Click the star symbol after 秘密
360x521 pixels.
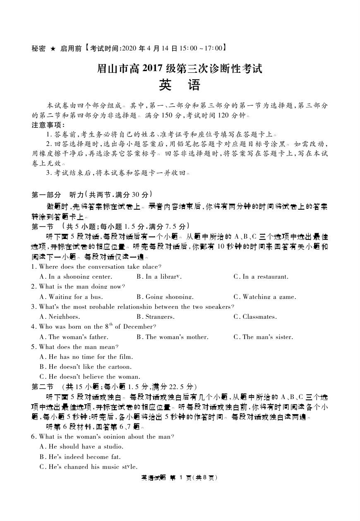(x=53, y=48)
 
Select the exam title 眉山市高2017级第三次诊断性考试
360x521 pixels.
(x=180, y=68)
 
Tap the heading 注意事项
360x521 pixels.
(x=48, y=125)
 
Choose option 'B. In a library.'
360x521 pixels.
(x=159, y=277)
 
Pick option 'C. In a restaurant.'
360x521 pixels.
(x=261, y=277)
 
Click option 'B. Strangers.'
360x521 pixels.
(x=155, y=317)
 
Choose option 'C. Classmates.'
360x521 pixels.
(x=255, y=317)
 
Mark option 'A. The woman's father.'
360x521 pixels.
(x=74, y=337)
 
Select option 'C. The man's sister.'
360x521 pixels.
(x=263, y=337)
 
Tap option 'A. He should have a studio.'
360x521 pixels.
(x=82, y=447)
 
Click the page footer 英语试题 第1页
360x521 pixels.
(x=180, y=478)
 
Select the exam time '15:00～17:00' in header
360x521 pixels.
(x=202, y=48)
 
